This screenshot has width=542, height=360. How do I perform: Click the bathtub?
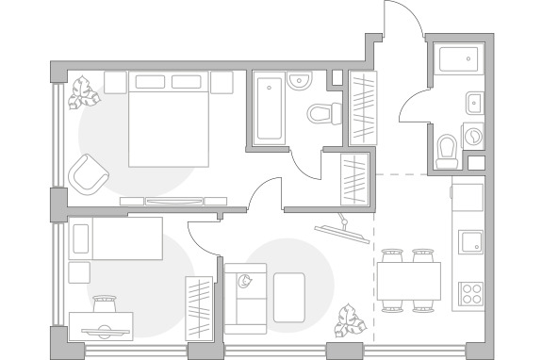point(269,108)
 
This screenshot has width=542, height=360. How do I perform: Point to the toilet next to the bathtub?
point(323,113)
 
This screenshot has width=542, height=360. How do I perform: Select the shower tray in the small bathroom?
point(461,63)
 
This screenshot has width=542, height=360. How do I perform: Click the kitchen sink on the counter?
point(469,242)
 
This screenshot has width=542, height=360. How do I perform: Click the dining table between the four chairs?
point(410,279)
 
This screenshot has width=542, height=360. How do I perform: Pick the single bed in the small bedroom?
point(117,237)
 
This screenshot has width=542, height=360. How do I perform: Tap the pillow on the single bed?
point(81,237)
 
